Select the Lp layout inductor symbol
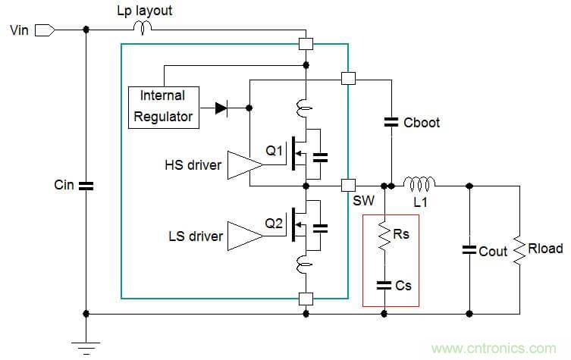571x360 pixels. coord(143,28)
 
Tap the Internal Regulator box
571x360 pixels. coord(163,106)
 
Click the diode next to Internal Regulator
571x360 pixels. coord(221,108)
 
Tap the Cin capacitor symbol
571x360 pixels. coord(85,184)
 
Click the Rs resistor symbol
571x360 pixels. coord(385,235)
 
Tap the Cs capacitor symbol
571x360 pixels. coord(385,284)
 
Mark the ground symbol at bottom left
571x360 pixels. coord(85,346)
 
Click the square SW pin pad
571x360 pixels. coord(348,184)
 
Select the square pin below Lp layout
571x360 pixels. coord(306,43)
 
